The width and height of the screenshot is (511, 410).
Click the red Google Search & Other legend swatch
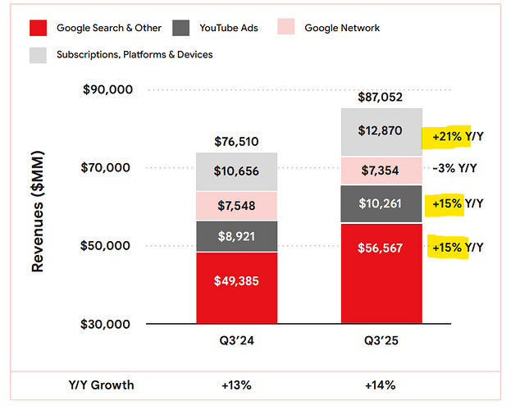pyautogui.click(x=38, y=29)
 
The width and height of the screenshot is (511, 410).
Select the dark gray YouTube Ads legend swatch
pyautogui.click(x=182, y=29)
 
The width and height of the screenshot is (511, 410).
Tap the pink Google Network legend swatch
pyautogui.click(x=286, y=29)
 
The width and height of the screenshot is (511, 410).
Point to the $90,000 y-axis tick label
pyautogui.click(x=107, y=89)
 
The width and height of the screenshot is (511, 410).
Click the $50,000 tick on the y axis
pyautogui.click(x=107, y=246)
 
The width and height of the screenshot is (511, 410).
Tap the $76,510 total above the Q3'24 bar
pyautogui.click(x=236, y=141)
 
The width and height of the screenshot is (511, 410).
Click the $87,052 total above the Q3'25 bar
pyautogui.click(x=381, y=97)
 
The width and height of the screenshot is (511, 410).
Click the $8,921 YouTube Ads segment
pyautogui.click(x=236, y=236)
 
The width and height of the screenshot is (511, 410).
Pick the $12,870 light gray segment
pyautogui.click(x=381, y=131)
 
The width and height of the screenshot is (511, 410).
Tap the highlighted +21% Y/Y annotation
pyautogui.click(x=452, y=137)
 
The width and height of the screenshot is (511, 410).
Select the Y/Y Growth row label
pyautogui.click(x=101, y=385)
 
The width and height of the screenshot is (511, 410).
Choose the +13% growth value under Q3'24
pyautogui.click(x=236, y=385)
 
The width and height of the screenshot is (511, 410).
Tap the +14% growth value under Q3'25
pyautogui.click(x=381, y=385)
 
